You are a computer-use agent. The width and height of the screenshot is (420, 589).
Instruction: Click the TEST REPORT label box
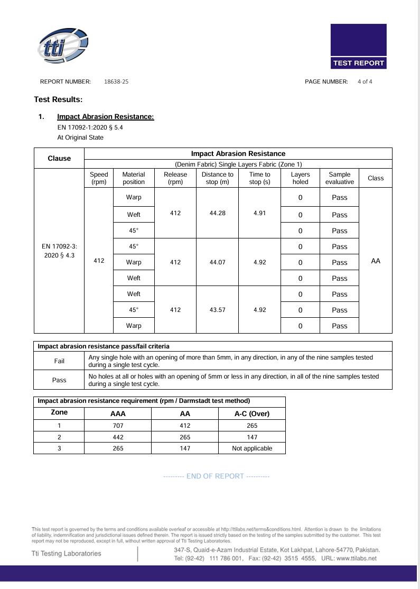coord(358,63)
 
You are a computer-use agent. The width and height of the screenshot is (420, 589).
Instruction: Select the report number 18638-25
coord(116,81)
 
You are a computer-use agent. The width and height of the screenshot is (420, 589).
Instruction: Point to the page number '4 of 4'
coord(365,81)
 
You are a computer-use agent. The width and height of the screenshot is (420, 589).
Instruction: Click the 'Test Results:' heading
coord(58,99)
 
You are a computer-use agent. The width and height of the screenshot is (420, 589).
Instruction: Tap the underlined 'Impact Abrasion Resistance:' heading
coord(105,116)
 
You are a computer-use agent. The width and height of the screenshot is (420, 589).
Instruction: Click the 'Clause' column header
coord(59,158)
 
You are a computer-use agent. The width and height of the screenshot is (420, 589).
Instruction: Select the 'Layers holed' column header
coord(300,178)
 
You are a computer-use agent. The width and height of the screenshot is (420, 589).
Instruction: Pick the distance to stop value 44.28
coord(217,213)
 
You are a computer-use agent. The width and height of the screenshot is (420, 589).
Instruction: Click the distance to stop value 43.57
coord(217,310)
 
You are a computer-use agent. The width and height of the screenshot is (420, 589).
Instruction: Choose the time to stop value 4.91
coord(259,213)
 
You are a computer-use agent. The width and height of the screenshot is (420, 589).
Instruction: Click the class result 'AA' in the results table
coord(376,261)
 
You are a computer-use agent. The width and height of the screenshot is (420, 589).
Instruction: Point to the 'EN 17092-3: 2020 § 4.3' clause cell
coord(59,251)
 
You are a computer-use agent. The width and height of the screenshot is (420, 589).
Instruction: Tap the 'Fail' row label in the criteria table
coord(59,361)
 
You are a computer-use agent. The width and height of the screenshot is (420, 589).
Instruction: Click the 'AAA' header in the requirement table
coord(117,413)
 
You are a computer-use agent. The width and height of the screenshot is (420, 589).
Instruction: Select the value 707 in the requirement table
coord(117,425)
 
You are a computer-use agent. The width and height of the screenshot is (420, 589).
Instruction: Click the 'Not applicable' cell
coord(252,448)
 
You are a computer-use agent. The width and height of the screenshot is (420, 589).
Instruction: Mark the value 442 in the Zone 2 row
coord(117,437)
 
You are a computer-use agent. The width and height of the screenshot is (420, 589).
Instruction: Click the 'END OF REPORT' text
coord(216,476)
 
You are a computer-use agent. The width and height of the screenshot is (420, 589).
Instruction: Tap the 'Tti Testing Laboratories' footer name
coord(67,553)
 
